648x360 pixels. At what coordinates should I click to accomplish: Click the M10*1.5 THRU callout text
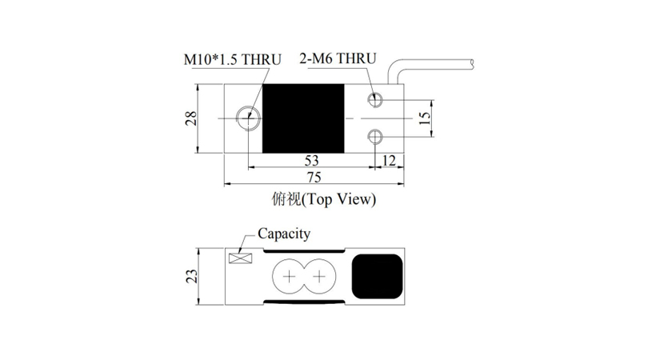point(232,59)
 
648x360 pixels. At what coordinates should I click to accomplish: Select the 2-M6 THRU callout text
point(338,58)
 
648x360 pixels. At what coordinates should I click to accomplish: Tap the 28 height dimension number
point(190,118)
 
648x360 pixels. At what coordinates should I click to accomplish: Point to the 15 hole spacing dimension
point(424,118)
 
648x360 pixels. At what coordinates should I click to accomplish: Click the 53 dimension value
point(312,160)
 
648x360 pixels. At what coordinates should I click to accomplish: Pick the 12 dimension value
point(389,160)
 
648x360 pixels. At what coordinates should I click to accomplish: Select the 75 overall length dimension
point(314,178)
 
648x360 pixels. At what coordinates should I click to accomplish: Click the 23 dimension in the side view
point(191,276)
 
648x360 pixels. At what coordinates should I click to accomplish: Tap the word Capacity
point(284,234)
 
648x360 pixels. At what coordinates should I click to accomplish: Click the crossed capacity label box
point(241,258)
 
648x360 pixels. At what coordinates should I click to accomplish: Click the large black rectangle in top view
point(303,118)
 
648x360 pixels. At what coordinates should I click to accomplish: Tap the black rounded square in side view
point(377,277)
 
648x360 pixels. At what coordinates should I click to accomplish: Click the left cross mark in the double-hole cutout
point(290,276)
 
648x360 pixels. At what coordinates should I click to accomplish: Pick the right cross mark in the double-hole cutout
point(319,276)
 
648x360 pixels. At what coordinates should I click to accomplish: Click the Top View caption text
point(339,200)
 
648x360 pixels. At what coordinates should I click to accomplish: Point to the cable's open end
point(472,63)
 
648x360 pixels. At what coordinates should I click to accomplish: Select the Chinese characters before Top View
point(286,199)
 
